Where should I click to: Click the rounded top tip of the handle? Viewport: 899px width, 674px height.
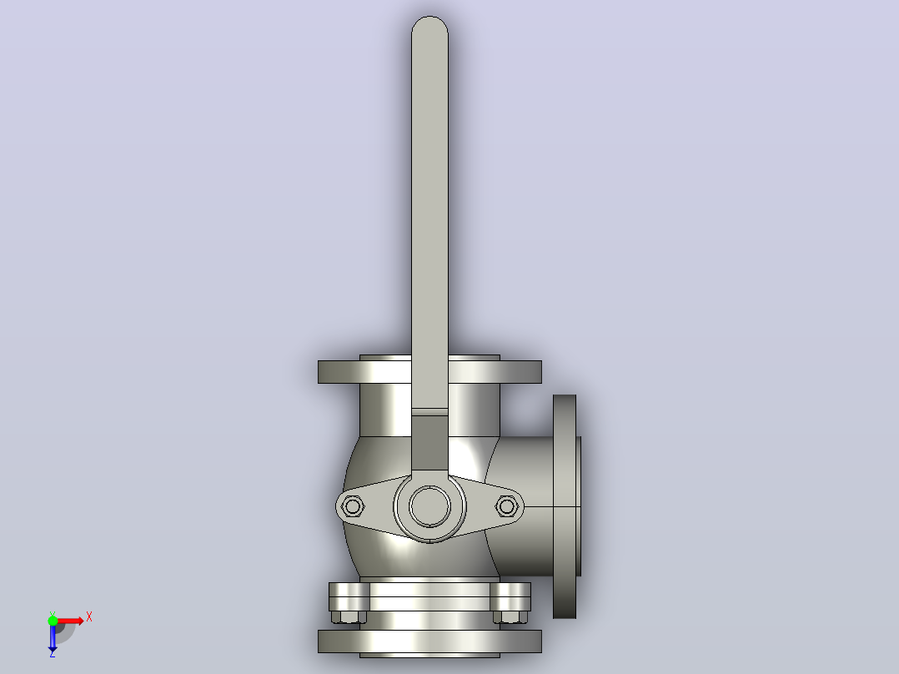(429, 18)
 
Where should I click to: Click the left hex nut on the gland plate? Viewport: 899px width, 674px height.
(352, 506)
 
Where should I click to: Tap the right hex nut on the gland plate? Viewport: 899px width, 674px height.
(507, 506)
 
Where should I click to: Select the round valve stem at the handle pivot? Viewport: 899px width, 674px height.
(429, 506)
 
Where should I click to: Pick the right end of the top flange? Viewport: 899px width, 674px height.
(540, 372)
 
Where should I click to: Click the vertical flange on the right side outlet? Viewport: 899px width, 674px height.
(564, 506)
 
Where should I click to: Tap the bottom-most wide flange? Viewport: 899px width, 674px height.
(429, 641)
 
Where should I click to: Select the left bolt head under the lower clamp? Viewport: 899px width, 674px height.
(349, 617)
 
